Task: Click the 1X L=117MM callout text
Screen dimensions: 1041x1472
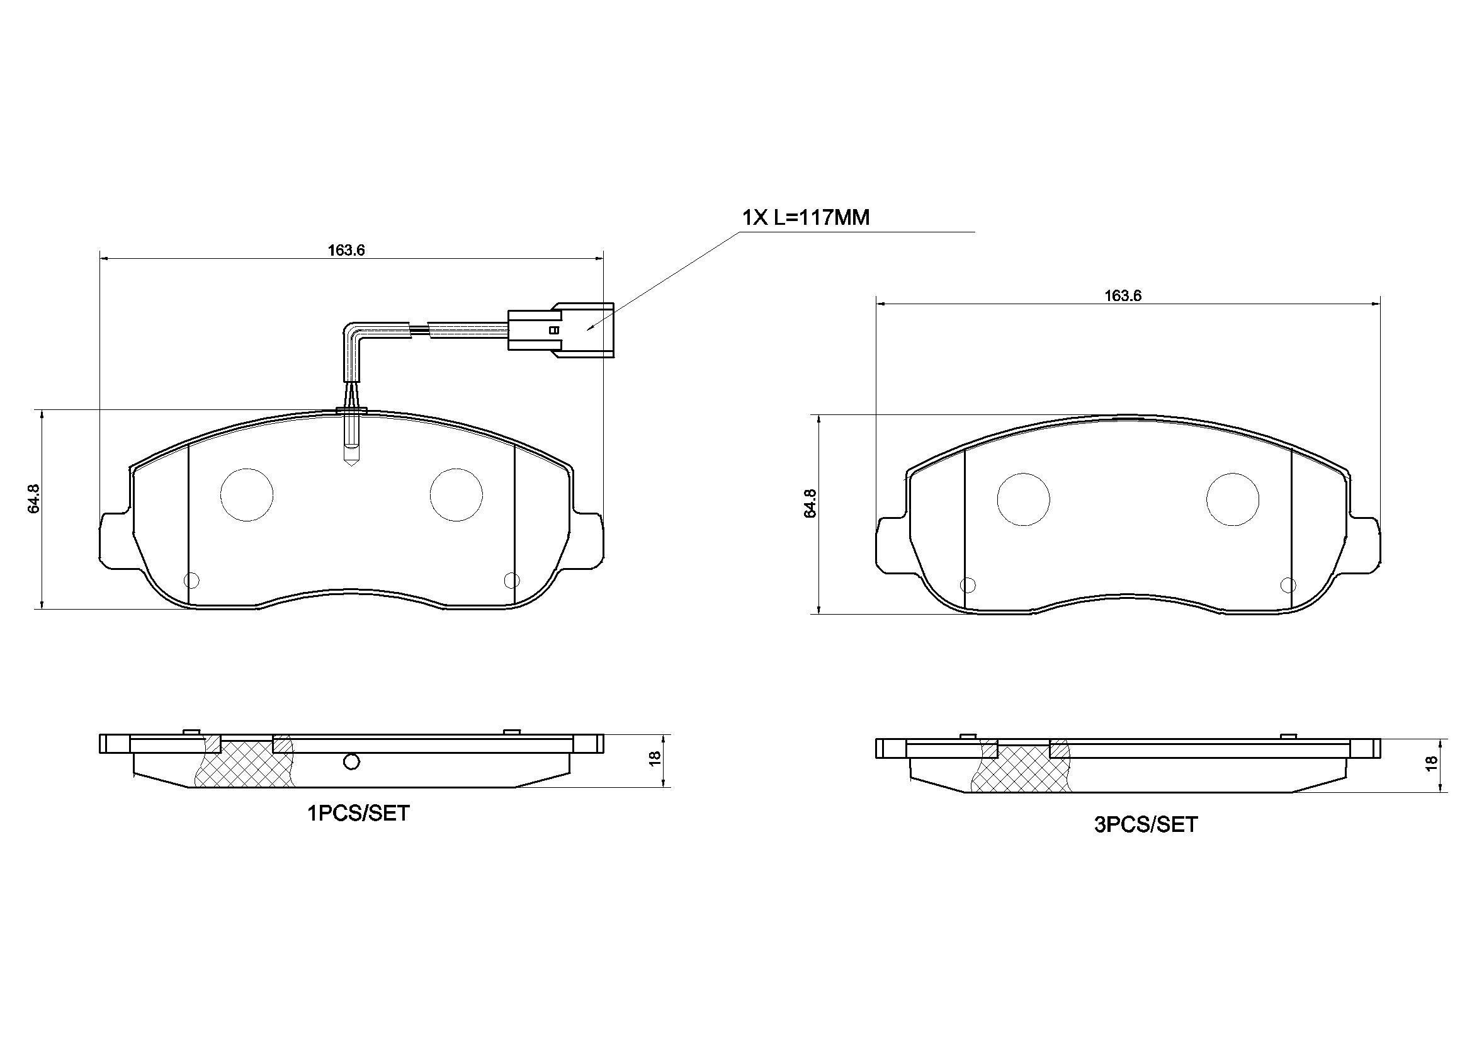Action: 805,218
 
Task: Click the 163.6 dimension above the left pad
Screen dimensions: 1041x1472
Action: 346,250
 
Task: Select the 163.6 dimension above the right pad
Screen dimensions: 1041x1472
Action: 1123,296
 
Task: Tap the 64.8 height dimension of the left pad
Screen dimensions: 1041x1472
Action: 34,498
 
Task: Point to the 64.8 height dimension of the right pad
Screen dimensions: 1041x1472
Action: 810,504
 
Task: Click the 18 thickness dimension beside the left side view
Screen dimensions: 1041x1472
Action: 655,759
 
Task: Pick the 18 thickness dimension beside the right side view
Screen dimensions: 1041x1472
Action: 1431,764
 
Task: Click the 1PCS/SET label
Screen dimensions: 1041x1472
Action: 358,814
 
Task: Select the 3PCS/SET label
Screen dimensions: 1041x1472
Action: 1146,825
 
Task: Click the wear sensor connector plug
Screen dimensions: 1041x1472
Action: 561,330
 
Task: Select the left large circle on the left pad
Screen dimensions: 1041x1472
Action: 247,494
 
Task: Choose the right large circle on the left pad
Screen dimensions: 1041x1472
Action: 456,494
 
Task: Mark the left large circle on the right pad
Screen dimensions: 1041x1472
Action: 1023,499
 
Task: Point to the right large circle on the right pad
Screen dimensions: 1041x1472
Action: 1232,499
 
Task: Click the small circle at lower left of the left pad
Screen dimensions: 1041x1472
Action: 191,581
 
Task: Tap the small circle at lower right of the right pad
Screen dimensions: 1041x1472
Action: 1288,585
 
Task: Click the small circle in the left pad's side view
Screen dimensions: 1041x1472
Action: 351,762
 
